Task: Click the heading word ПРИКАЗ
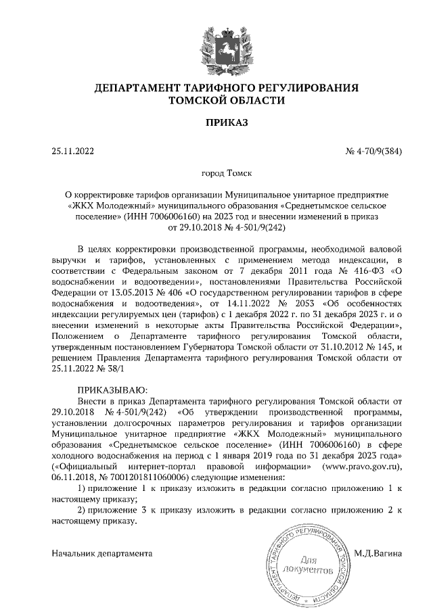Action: pyautogui.click(x=216, y=123)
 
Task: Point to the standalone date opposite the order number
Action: pyautogui.click(x=74, y=151)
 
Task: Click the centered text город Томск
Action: pyautogui.click(x=216, y=174)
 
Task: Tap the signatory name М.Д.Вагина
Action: pyautogui.click(x=378, y=553)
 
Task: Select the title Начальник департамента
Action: pyautogui.click(x=102, y=553)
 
